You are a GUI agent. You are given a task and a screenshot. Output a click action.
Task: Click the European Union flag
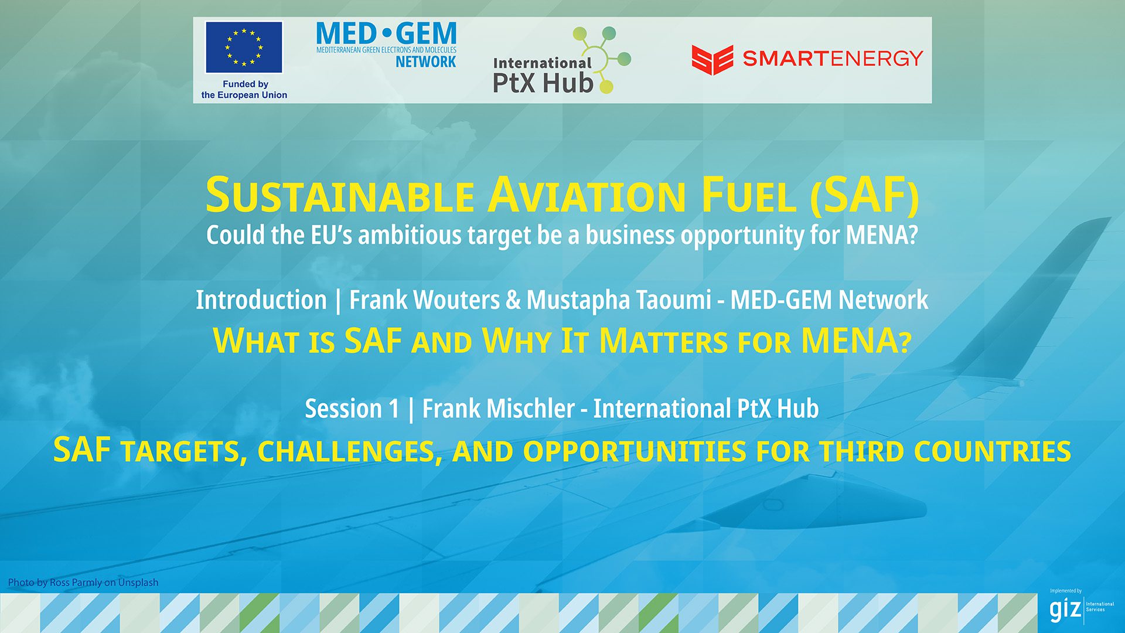click(x=244, y=47)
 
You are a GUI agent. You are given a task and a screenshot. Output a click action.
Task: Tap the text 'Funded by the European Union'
click(x=244, y=90)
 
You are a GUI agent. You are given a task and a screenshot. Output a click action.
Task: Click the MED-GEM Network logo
click(x=386, y=45)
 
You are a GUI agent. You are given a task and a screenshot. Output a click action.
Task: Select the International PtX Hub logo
click(x=560, y=62)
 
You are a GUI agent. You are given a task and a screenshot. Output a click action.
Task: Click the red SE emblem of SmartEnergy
click(x=712, y=59)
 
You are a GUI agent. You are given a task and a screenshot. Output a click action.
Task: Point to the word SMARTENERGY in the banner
click(x=833, y=59)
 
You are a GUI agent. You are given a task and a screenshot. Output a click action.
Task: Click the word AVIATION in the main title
click(x=588, y=196)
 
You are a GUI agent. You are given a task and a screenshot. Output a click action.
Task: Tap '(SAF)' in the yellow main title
click(x=865, y=196)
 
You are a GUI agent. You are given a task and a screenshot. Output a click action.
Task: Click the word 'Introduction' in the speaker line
click(x=261, y=300)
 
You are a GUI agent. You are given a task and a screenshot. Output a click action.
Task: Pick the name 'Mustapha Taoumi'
click(x=619, y=300)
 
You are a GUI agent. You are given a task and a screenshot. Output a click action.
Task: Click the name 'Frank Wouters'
click(x=424, y=300)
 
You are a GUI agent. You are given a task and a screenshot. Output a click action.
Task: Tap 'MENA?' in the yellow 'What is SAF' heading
click(x=856, y=341)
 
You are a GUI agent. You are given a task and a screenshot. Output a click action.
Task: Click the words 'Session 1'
click(x=352, y=409)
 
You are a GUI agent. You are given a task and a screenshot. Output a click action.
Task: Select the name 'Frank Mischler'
click(x=498, y=409)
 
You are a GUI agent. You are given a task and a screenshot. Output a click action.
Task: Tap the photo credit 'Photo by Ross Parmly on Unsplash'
click(x=83, y=582)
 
